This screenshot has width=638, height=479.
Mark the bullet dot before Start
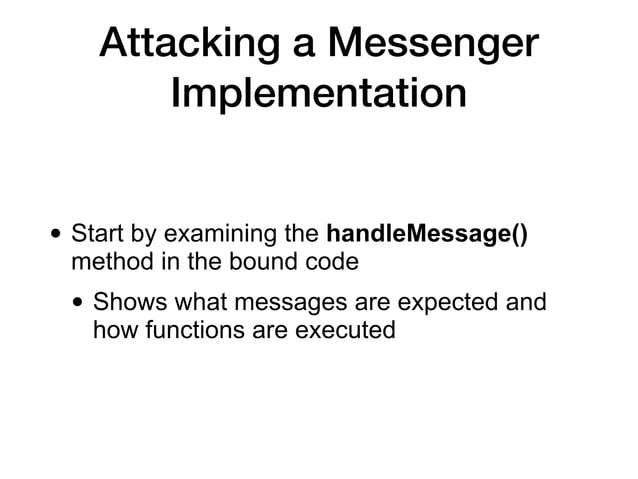[55, 237]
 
